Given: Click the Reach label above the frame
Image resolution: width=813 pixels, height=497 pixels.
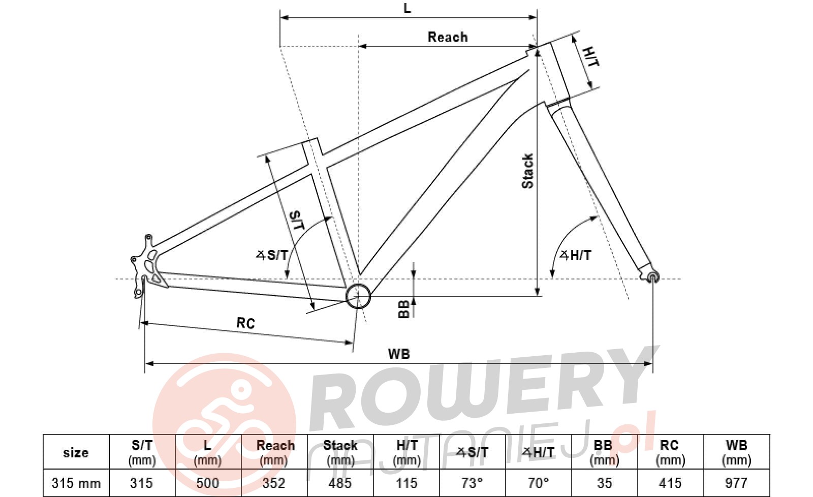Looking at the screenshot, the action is point(448,37).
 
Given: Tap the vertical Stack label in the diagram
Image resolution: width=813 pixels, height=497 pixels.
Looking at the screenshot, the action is point(528,171).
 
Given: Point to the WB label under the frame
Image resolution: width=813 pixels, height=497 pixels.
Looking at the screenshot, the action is point(399,354).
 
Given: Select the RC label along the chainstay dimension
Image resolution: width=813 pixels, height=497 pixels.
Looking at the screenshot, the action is point(246,323).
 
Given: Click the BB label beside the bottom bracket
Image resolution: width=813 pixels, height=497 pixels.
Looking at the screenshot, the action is point(403,309).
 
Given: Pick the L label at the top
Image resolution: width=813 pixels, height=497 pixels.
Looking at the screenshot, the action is point(407,8).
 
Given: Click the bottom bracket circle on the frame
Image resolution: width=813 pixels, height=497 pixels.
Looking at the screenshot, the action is point(358,296).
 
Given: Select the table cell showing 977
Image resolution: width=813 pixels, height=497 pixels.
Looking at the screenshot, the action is point(736,483).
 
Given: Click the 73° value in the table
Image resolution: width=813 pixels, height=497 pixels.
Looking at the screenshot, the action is point(472,483).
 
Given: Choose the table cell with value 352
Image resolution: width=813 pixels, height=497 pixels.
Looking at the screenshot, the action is point(274,483).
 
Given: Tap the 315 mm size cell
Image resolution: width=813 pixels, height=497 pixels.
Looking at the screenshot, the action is point(76,483).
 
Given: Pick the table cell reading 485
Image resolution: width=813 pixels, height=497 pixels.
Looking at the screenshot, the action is point(340,483).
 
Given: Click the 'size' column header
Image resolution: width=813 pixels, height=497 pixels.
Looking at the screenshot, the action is point(76,452).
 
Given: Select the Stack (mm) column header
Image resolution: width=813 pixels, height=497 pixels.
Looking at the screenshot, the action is point(340,452).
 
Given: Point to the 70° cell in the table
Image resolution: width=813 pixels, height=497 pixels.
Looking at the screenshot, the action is point(538,483).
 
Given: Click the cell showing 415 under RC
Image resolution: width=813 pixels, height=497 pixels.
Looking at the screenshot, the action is point(670,483).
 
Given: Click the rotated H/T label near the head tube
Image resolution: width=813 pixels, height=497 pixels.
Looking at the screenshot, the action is point(590,56).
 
